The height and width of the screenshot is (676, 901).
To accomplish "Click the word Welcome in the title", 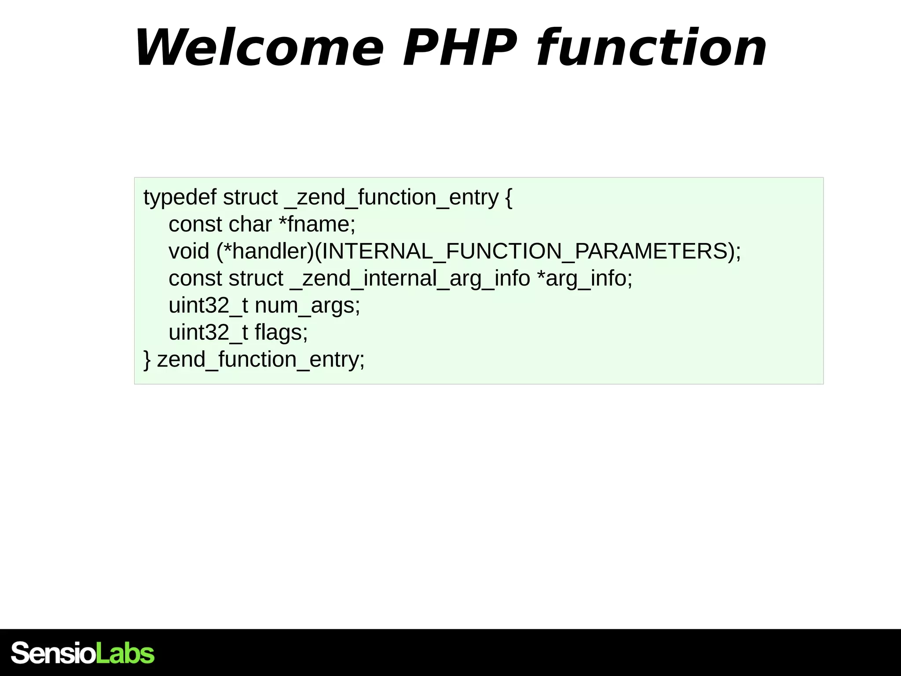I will click(260, 48).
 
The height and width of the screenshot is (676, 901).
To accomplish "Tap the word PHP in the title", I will click(460, 48).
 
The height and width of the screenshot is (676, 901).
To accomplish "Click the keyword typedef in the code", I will click(180, 198).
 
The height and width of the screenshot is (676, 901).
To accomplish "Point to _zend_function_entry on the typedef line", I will click(392, 198).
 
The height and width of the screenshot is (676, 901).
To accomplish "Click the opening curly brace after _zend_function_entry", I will click(509, 198).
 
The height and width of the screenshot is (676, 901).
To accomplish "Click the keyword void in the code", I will click(189, 251).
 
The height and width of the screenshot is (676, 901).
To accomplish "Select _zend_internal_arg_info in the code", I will click(410, 279).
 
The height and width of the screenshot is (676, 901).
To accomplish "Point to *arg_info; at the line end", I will click(585, 279).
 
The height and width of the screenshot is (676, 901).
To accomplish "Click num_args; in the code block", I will click(308, 305).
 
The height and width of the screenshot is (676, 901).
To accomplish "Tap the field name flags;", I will click(281, 332).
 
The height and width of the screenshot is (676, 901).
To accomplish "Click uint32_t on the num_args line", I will click(208, 305).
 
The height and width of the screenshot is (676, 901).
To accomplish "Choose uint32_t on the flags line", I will click(208, 332).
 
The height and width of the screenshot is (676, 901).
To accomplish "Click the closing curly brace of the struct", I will click(147, 360).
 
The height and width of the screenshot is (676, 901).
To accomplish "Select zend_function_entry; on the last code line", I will click(261, 360).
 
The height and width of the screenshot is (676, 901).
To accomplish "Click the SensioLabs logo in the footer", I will click(83, 653).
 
